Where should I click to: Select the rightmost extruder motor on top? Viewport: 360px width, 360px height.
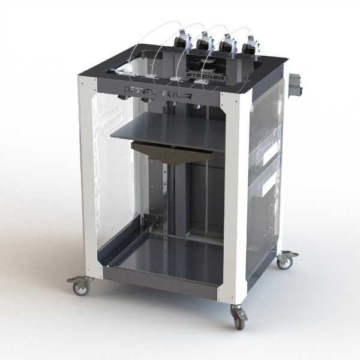pyautogui.click(x=248, y=47)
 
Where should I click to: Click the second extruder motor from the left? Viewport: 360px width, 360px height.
pyautogui.click(x=203, y=44)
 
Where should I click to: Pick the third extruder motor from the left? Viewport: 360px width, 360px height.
pyautogui.click(x=227, y=45)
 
